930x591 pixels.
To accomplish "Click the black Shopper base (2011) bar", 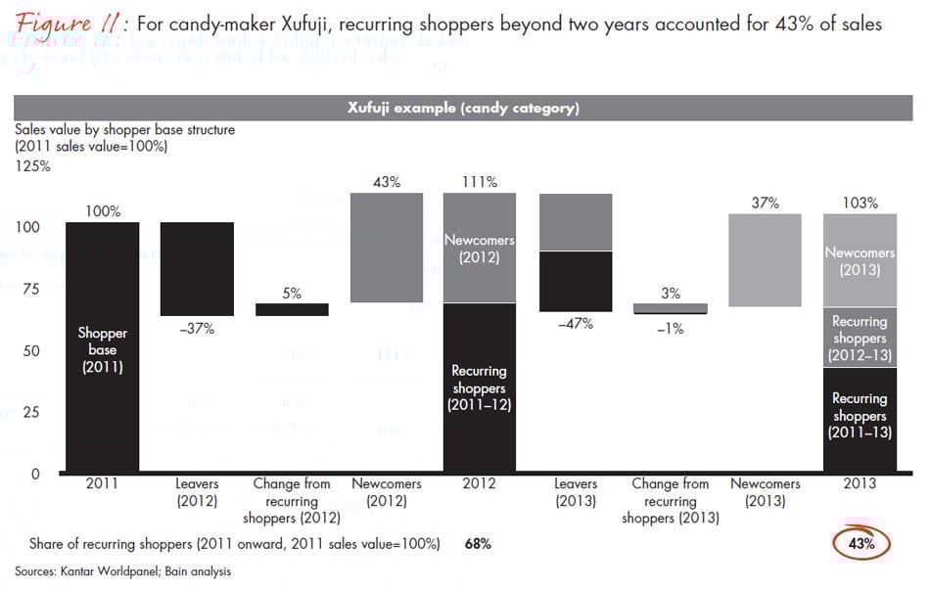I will click(103, 347).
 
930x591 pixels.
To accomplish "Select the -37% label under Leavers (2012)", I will click(196, 329).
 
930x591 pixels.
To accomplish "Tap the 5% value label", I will click(292, 293).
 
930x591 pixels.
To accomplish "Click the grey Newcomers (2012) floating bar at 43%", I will click(386, 248).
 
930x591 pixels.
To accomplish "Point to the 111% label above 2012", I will click(480, 182).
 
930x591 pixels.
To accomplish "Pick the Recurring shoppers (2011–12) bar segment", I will click(480, 387).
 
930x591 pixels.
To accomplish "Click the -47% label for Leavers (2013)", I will click(575, 324).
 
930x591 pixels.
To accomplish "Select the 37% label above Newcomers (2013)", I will click(765, 203).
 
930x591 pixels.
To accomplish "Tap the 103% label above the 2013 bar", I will click(860, 203).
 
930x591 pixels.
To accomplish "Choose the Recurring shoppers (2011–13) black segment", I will click(860, 416).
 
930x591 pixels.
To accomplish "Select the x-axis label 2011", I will click(103, 483).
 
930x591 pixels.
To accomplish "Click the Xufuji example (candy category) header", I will click(463, 108).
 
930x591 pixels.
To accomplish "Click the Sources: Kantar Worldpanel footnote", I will click(122, 571).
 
